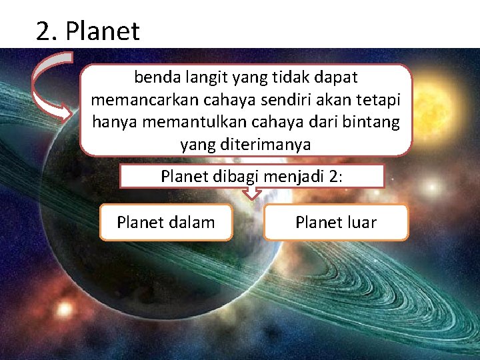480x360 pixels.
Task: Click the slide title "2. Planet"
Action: point(88,31)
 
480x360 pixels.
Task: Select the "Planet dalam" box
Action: point(165,222)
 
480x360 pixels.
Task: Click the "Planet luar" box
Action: point(335,222)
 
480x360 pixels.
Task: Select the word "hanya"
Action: point(113,122)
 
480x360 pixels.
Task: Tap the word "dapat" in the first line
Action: point(337,78)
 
